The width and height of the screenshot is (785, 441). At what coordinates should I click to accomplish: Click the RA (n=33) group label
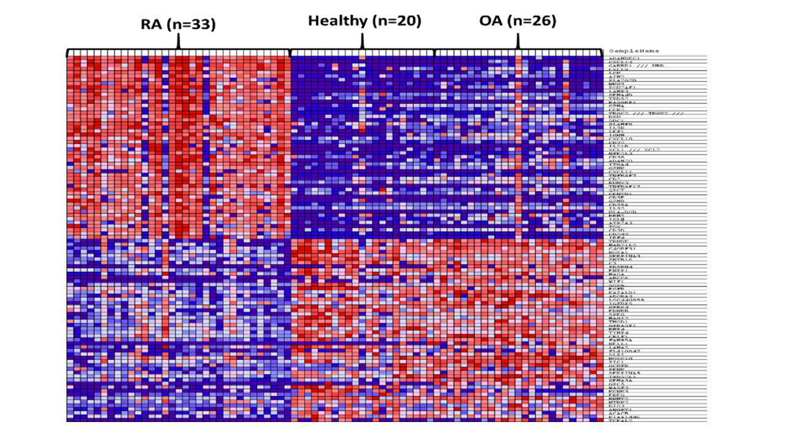pos(178,24)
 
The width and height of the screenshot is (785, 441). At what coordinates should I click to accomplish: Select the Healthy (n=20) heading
pos(364,21)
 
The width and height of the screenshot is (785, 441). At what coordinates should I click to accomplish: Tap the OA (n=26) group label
pos(518,21)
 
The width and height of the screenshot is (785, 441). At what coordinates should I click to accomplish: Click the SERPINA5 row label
pos(624,372)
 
